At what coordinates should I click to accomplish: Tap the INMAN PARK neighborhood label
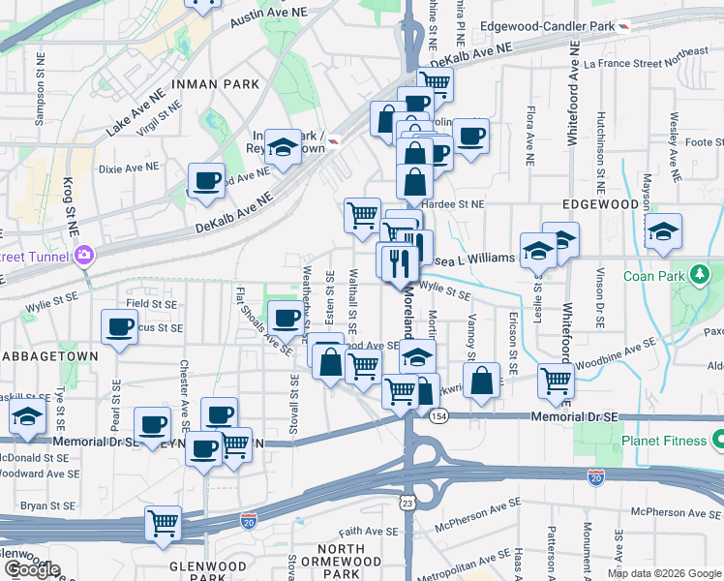215,84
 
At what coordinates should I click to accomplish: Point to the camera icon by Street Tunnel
84,256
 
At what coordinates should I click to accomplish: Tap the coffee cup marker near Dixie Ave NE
206,181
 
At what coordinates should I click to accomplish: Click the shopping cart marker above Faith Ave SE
163,524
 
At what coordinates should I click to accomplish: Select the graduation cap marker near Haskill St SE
28,418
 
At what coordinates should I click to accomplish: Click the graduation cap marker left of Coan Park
663,232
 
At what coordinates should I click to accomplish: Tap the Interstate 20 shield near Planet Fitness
594,477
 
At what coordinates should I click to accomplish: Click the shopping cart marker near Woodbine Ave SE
556,381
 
